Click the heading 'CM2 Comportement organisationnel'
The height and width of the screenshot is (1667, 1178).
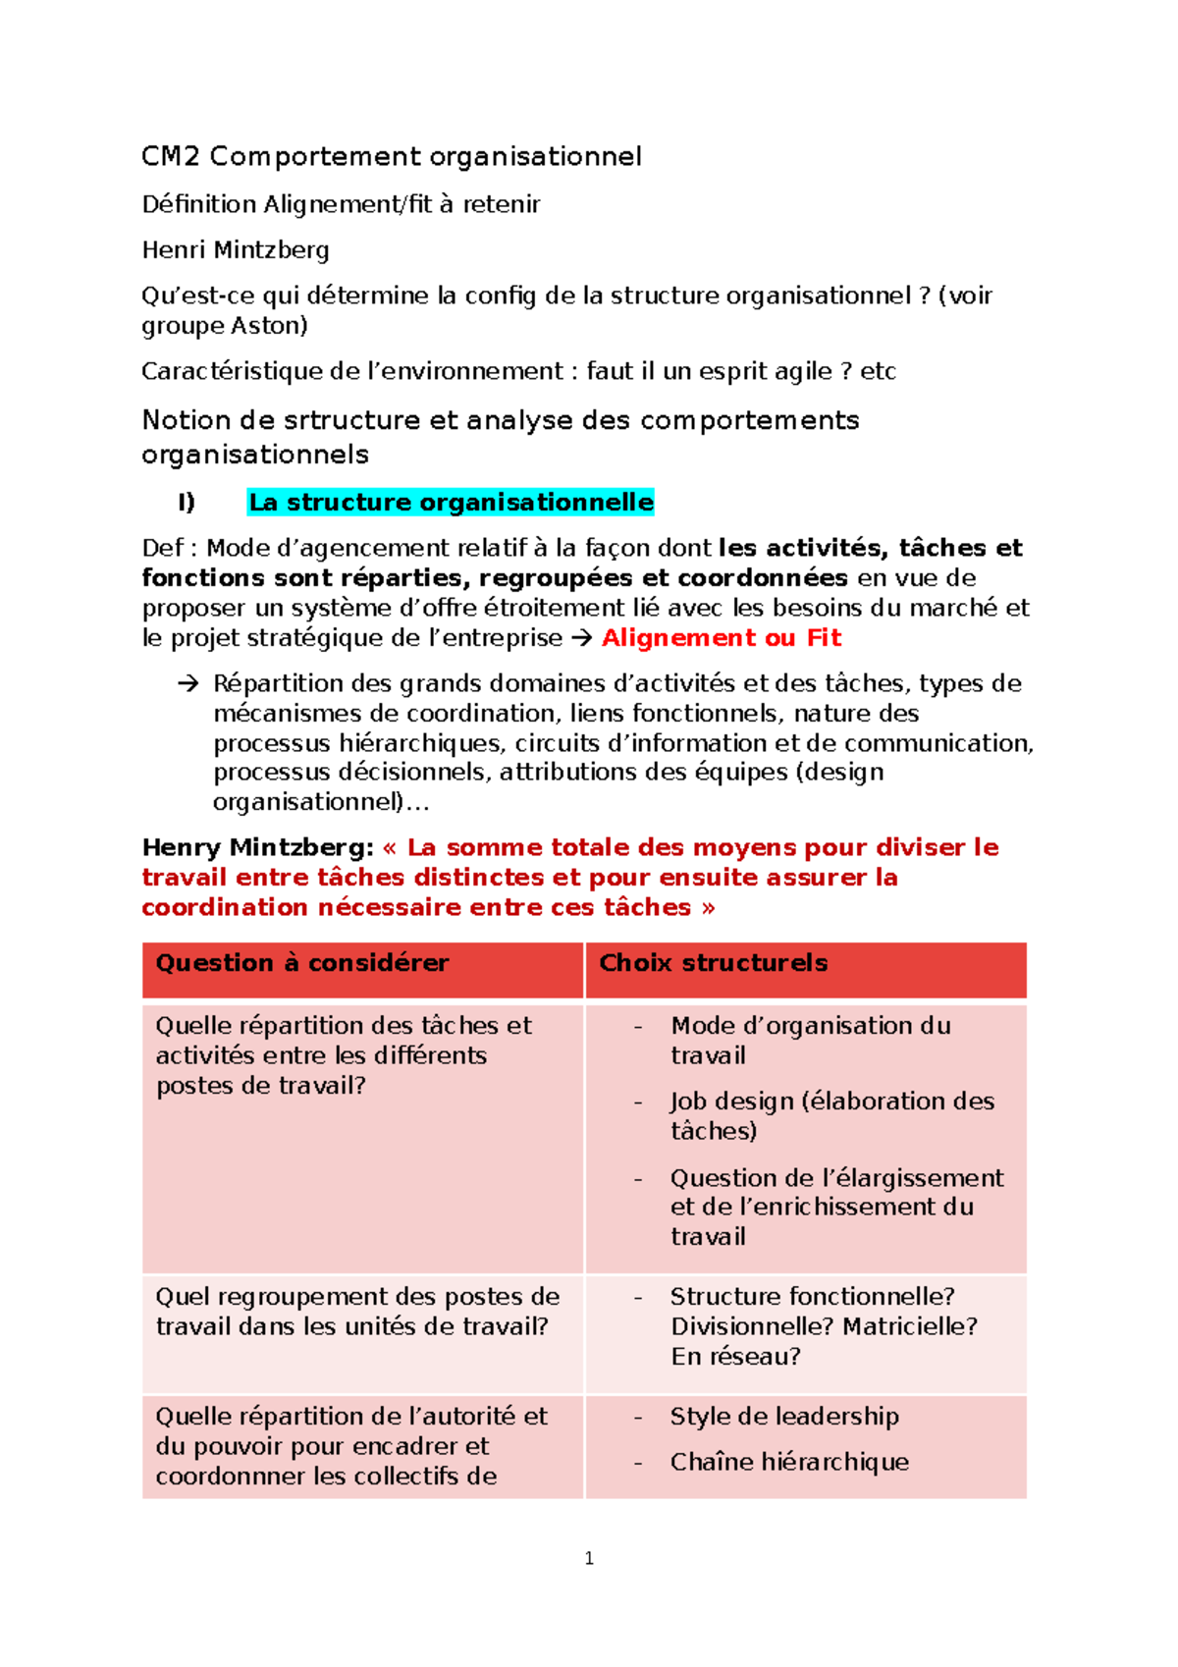tap(391, 156)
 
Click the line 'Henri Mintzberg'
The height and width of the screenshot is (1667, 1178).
tap(236, 250)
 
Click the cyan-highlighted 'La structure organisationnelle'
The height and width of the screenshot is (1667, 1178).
tap(451, 503)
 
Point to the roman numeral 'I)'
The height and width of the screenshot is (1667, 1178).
tap(186, 503)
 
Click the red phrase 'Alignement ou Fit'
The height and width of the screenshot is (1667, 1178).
tap(722, 638)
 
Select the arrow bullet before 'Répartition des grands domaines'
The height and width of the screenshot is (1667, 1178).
tap(187, 683)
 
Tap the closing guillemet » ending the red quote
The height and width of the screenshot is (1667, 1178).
tap(709, 908)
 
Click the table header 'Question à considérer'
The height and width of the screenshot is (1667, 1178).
tap(302, 963)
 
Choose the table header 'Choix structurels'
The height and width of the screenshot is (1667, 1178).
tap(713, 963)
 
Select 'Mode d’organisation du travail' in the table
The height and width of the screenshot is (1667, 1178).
tap(810, 1040)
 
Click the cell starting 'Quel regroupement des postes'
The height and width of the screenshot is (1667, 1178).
tap(357, 1312)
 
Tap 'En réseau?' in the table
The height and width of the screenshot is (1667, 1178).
tap(735, 1357)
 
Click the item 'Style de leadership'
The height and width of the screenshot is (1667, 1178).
tap(784, 1417)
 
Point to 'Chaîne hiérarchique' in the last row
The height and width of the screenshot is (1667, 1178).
tap(789, 1463)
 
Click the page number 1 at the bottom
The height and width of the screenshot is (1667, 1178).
tap(589, 1558)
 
